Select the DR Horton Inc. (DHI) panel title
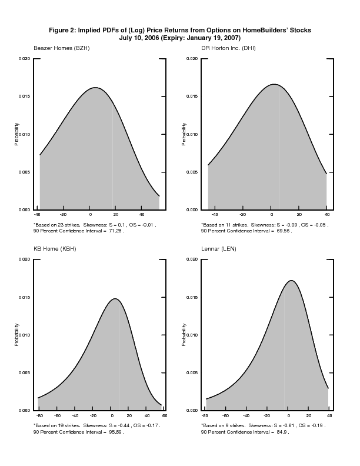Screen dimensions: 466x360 228,47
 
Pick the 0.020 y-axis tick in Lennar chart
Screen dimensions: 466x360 191,259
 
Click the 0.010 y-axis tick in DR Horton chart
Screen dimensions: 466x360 191,134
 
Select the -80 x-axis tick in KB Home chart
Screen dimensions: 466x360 39,415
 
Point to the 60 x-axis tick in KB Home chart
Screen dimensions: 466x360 164,415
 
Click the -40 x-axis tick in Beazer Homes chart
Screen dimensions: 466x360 37,215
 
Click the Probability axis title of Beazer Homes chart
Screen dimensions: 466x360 17,134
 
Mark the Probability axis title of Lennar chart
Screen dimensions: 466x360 184,334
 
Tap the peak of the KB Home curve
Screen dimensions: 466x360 115,298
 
